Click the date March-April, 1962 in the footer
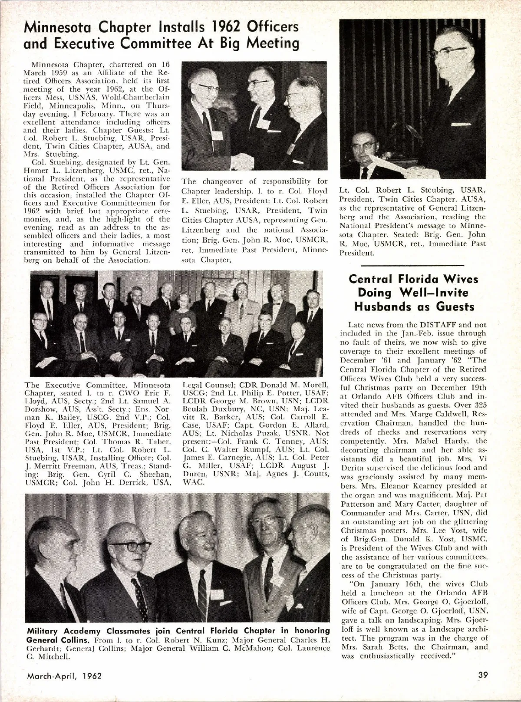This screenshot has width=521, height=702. click(x=64, y=676)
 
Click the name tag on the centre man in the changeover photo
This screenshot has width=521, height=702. click(x=263, y=123)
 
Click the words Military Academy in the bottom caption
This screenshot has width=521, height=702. click(x=63, y=631)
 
